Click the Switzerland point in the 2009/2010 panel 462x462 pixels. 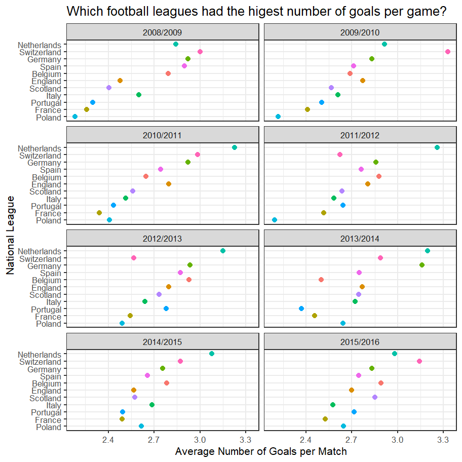(x=448, y=52)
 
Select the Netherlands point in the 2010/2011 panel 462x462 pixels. (x=235, y=147)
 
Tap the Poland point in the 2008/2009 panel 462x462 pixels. (x=75, y=117)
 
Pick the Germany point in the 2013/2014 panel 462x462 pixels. (x=422, y=265)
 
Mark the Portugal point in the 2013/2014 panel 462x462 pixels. (x=301, y=309)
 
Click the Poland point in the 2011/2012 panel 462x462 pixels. (x=275, y=220)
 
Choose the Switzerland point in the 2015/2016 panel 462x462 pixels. (x=419, y=361)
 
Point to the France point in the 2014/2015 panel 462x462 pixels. (x=122, y=419)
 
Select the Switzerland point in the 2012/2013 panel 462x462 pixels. (x=134, y=258)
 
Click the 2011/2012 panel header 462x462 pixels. (x=361, y=135)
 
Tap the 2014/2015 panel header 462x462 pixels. (x=163, y=342)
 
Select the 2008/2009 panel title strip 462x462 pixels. (x=163, y=32)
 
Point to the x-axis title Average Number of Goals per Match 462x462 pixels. (x=261, y=451)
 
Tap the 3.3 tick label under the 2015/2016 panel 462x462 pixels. (x=443, y=438)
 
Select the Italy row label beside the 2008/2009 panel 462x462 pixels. (x=53, y=96)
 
